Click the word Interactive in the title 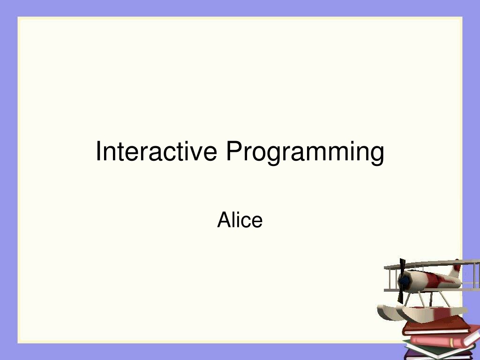(x=157, y=151)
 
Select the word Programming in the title (x=305, y=153)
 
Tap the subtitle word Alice (x=240, y=219)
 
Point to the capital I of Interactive (x=98, y=151)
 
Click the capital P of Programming (x=234, y=151)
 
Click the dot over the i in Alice (x=239, y=212)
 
